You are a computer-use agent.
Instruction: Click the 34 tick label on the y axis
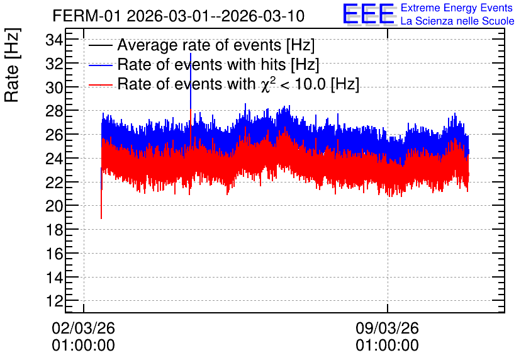point(54,41)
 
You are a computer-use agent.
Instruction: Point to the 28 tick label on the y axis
point(54,111)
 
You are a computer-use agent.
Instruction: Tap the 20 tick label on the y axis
point(54,206)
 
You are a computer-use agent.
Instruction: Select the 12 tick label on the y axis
point(54,301)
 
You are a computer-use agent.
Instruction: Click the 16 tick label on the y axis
point(54,254)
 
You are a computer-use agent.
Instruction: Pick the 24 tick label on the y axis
point(54,159)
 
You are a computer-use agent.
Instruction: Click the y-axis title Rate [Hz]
point(12,65)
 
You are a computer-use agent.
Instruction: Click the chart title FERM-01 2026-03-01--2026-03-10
point(179,16)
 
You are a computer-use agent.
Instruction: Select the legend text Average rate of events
point(199,45)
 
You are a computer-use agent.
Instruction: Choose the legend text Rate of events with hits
point(201,64)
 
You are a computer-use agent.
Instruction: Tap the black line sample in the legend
point(100,45)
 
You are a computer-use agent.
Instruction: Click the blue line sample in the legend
point(100,65)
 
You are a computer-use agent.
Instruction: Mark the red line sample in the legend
point(100,85)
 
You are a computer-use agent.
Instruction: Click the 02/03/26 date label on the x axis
point(83,328)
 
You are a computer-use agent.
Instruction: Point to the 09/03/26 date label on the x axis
point(387,328)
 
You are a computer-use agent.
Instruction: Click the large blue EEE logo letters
point(369,14)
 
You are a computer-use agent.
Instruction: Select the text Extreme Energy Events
point(457,8)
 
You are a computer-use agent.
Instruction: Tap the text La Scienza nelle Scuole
point(457,21)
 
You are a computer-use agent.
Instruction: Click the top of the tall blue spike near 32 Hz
point(191,53)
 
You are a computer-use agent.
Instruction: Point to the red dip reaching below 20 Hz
point(101,218)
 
